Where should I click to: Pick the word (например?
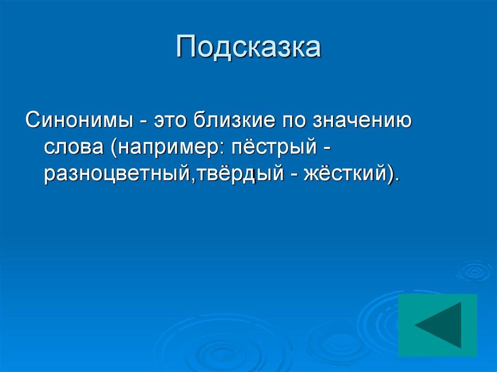166,147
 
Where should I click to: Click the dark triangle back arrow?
439,325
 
